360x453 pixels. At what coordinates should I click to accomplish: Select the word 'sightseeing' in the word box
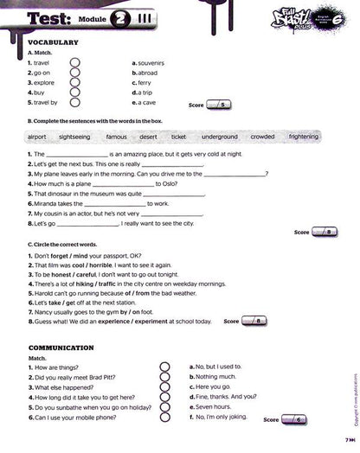tap(80, 137)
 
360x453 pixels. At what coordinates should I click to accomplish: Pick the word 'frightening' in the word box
tap(303, 137)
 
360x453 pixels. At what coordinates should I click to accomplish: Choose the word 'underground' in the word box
tap(220, 137)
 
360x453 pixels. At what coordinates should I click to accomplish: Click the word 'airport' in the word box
tap(37, 137)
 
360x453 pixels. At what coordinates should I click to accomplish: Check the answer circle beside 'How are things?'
tap(164, 367)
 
